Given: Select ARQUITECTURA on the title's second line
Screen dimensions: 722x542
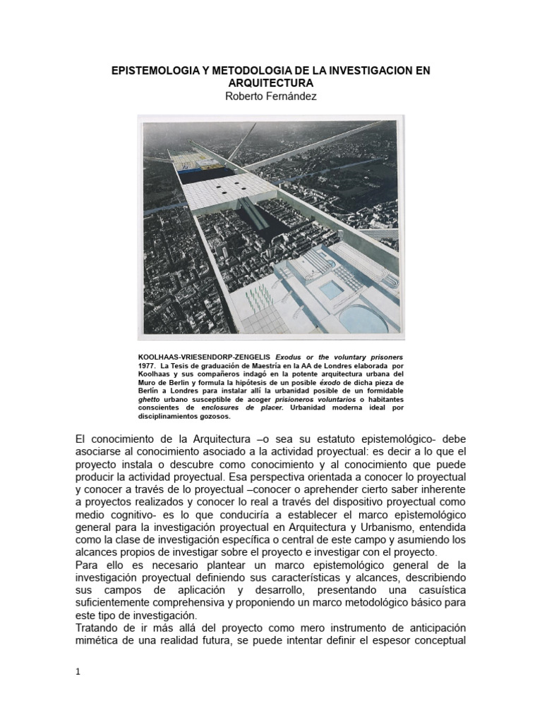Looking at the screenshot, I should point(271,83).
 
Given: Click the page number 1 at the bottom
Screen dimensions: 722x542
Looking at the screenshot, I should point(78,671).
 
